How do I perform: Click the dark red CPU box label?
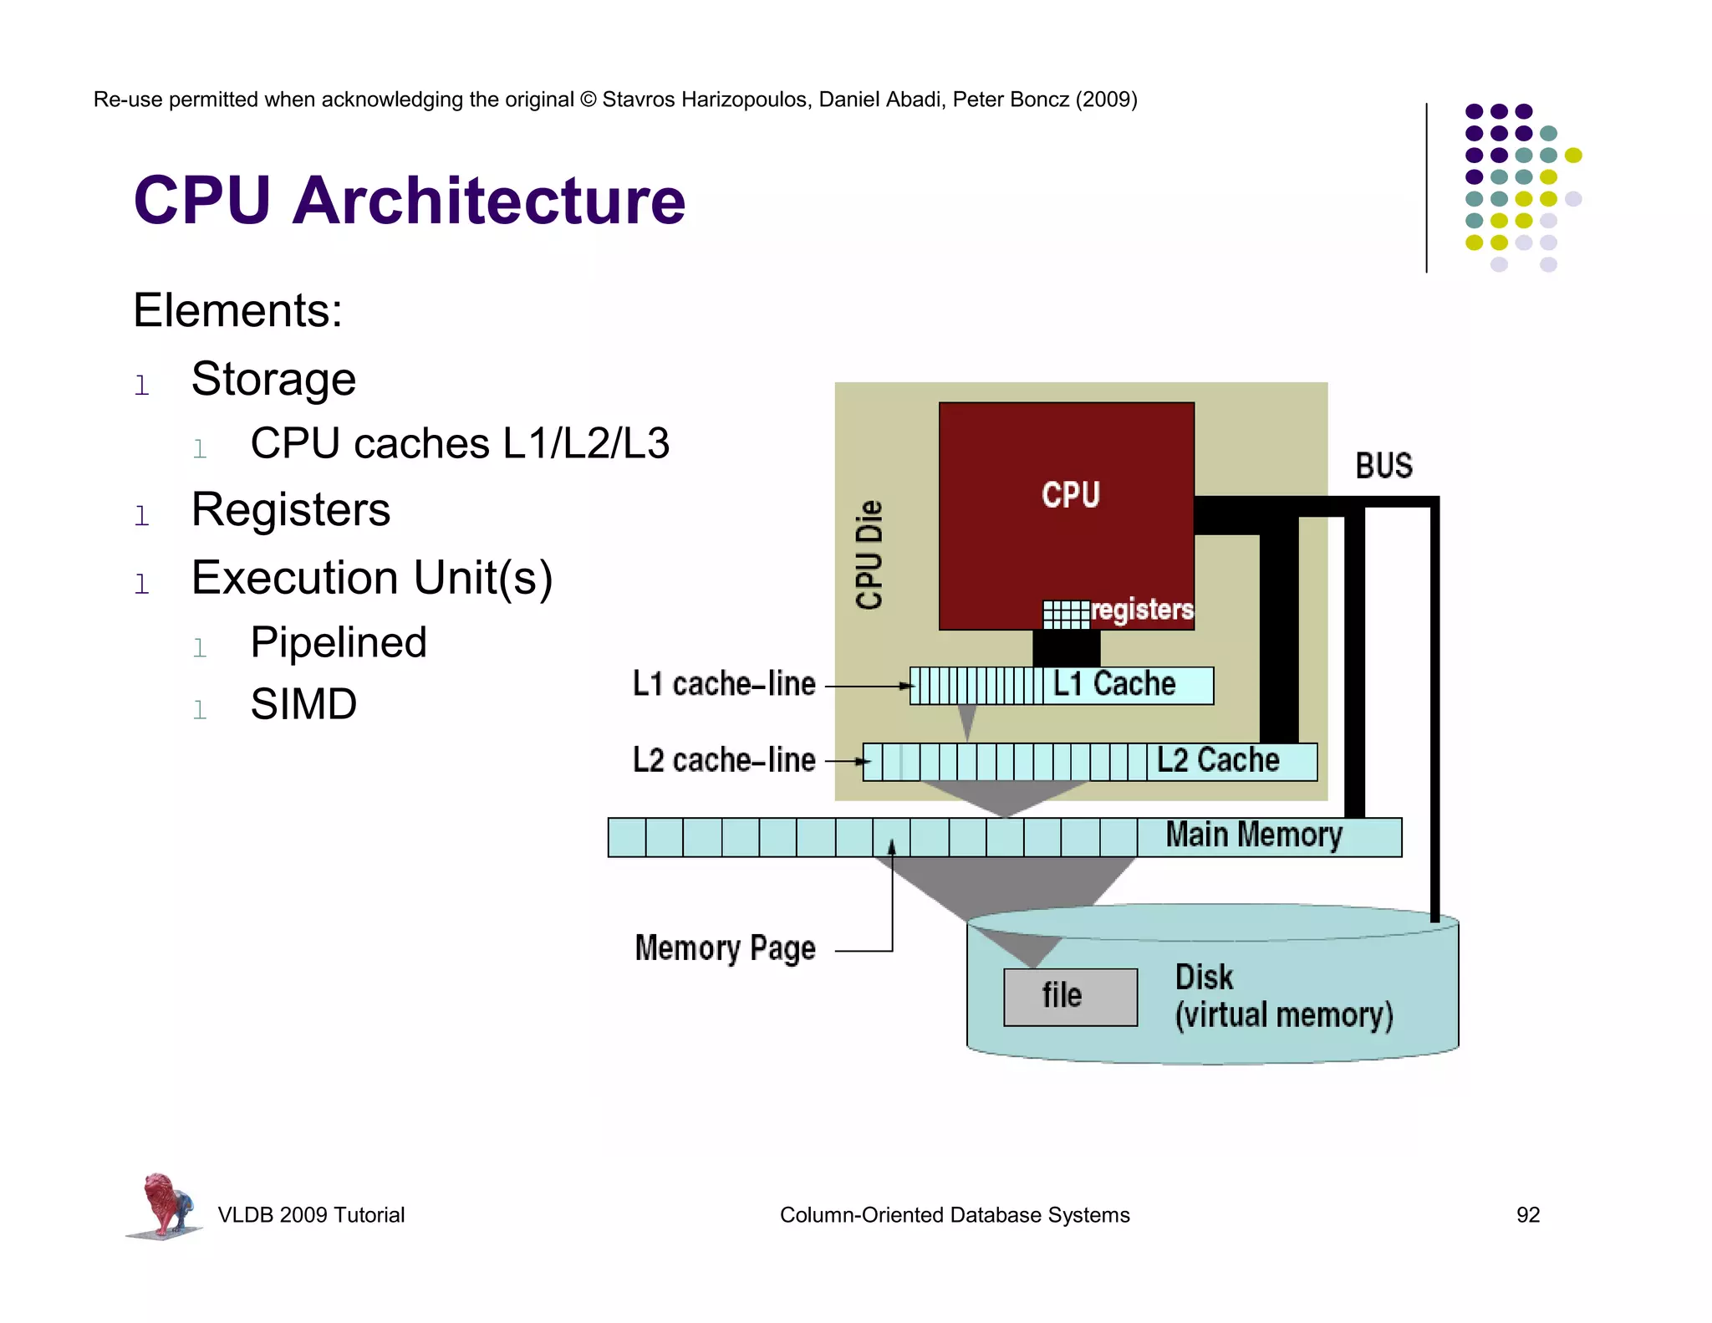(1070, 494)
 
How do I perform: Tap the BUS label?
(1383, 466)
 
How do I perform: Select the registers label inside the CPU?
(1142, 610)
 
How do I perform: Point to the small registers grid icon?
(1066, 614)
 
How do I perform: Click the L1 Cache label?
(1114, 684)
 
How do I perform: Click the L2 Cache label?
(1218, 760)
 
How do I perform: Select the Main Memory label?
(1254, 835)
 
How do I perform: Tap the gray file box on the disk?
(1070, 997)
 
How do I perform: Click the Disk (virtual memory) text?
(1282, 997)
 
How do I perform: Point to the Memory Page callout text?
(725, 948)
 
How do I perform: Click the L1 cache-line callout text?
(724, 684)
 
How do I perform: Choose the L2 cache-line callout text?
(724, 760)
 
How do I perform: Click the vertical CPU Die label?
(869, 555)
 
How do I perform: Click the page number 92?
(1527, 1214)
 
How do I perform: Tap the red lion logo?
(165, 1204)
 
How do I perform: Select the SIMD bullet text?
(303, 703)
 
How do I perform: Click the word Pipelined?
(339, 642)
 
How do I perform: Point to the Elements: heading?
(237, 310)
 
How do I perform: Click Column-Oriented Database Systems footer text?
(954, 1214)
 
